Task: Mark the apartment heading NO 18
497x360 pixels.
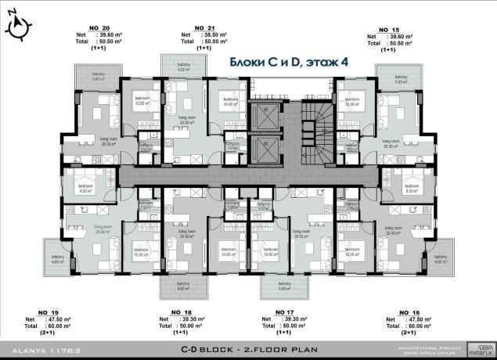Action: (169, 311)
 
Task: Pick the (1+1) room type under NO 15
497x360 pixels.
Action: (388, 49)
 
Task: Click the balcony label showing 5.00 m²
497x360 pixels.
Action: (183, 68)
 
